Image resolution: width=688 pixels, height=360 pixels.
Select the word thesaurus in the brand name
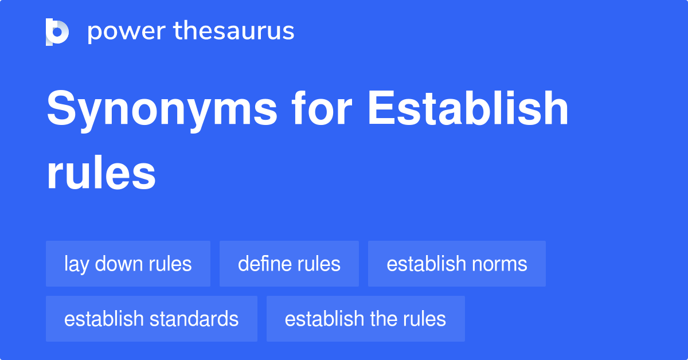pyautogui.click(x=234, y=32)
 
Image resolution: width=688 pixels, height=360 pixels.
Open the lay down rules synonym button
pyautogui.click(x=128, y=264)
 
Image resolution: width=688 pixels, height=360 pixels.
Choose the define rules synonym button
pyautogui.click(x=289, y=264)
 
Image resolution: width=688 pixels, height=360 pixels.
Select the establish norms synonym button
pyautogui.click(x=456, y=264)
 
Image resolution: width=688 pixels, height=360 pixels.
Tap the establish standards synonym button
pyautogui.click(x=151, y=319)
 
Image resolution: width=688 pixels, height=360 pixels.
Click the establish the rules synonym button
pyautogui.click(x=365, y=319)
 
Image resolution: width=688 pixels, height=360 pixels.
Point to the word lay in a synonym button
pyautogui.click(x=76, y=264)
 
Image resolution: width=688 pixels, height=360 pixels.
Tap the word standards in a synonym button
pyautogui.click(x=195, y=319)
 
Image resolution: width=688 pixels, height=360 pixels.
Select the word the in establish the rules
pyautogui.click(x=384, y=319)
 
